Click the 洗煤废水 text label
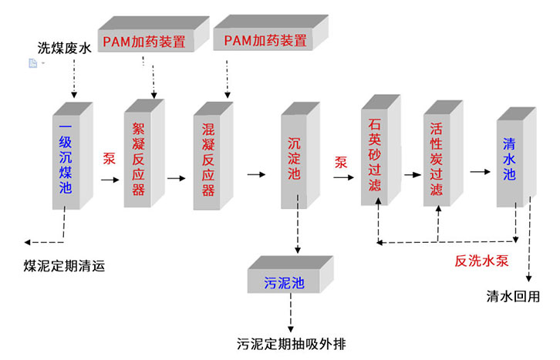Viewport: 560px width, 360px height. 65,49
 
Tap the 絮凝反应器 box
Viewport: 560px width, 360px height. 138,159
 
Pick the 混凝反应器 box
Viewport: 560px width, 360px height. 207,159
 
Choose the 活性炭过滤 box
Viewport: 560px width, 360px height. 437,158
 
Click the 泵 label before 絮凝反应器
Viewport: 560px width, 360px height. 109,160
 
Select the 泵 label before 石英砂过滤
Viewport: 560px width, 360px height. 341,162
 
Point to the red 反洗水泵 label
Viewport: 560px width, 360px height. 482,261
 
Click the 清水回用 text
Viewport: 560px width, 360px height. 513,296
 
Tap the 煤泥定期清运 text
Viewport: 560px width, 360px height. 64,267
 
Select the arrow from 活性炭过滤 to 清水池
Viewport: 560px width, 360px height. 480,170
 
